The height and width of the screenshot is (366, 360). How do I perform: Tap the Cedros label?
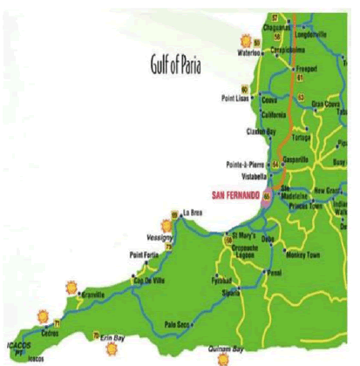(49, 332)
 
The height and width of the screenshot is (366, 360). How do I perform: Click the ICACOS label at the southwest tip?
(18, 342)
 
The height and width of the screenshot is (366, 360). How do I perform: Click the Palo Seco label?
(177, 324)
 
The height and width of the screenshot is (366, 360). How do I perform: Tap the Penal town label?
(275, 273)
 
